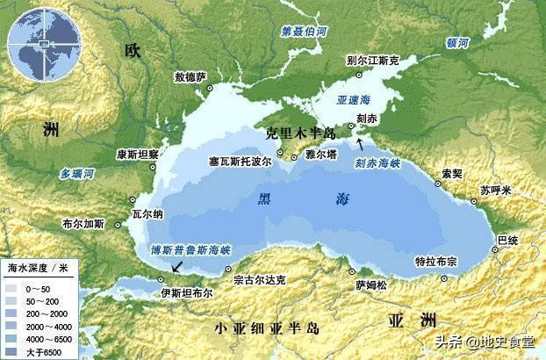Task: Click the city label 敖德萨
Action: pyautogui.click(x=190, y=77)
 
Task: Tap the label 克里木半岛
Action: pyautogui.click(x=301, y=133)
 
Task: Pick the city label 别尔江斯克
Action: pyautogui.click(x=372, y=61)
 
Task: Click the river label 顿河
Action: pyautogui.click(x=457, y=41)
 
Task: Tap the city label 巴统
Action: pyautogui.click(x=507, y=238)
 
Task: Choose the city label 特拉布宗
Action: pyautogui.click(x=436, y=261)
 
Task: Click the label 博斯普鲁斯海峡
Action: pyautogui.click(x=190, y=249)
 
